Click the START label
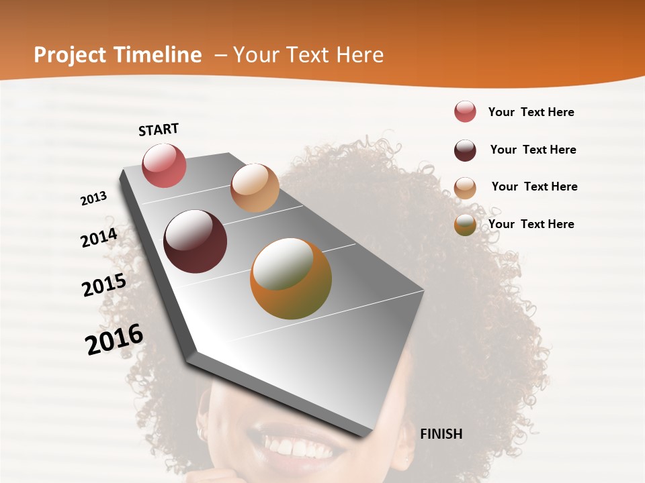(159, 129)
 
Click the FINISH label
(441, 434)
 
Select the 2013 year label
(94, 199)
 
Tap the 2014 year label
(99, 237)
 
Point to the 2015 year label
(104, 285)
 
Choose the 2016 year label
(114, 339)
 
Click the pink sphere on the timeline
(164, 165)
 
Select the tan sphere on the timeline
(255, 188)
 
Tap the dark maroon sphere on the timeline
(196, 241)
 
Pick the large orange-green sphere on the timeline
(291, 278)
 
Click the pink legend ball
(465, 112)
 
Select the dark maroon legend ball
(465, 150)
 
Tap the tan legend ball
(465, 188)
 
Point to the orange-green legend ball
(465, 225)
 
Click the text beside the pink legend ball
(531, 113)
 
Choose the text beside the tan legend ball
(534, 186)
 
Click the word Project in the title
(71, 55)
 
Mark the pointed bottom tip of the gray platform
(365, 437)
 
